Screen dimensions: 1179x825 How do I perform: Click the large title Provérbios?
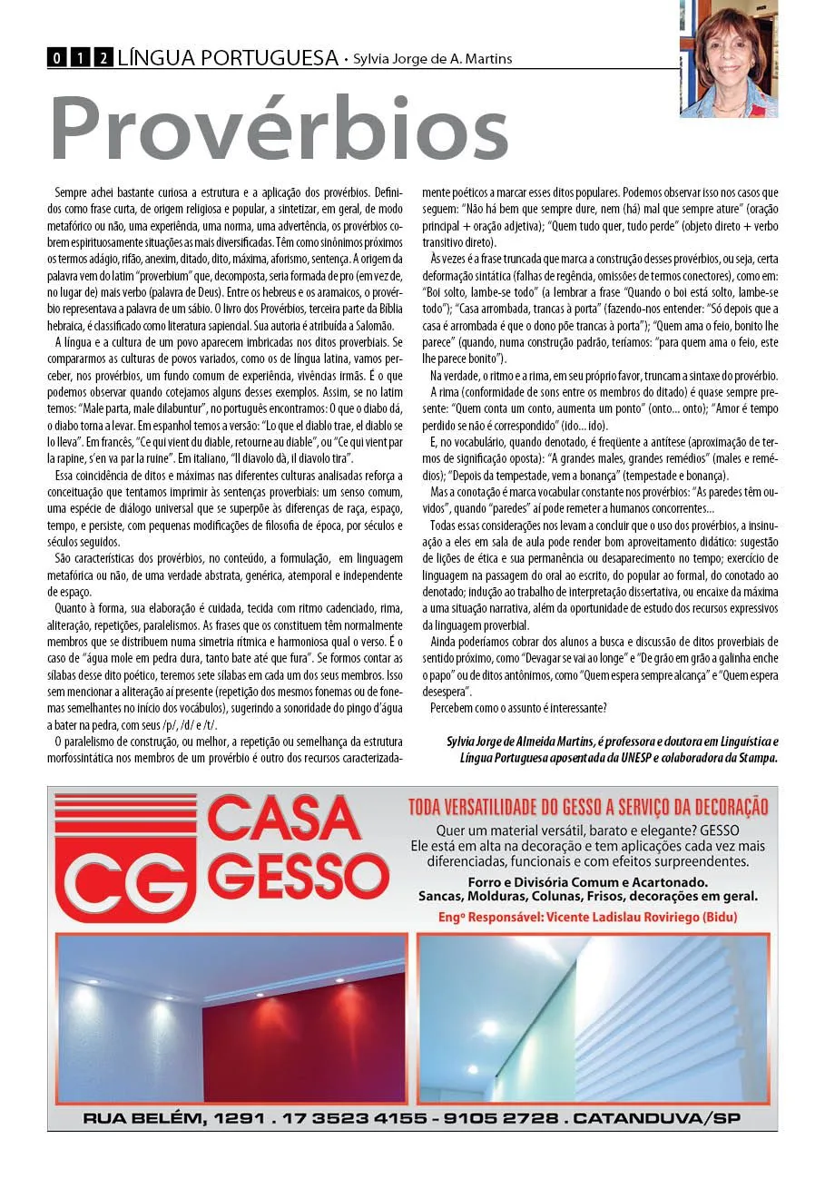coord(278,129)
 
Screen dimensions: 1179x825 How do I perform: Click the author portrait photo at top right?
coord(728,59)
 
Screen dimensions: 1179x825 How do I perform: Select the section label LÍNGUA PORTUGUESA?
coord(228,59)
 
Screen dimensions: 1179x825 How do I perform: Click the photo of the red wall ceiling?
coord(231,1017)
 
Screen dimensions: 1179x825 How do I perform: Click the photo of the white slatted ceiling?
coord(596,1017)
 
